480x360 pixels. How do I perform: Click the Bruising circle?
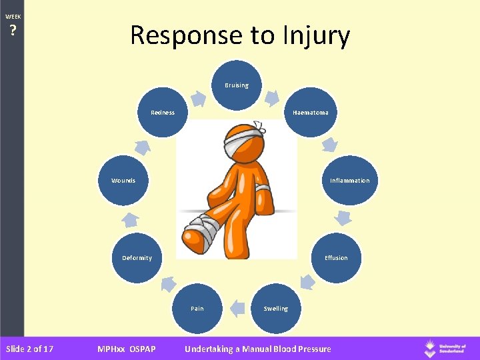237,85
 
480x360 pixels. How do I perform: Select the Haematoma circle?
310,113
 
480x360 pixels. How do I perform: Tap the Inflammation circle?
349,180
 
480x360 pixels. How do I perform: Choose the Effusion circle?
336,257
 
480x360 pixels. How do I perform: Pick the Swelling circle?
275,308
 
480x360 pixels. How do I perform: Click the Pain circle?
197,308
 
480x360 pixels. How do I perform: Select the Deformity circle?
137,257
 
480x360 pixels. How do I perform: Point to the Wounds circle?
123,180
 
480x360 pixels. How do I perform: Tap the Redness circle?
163,113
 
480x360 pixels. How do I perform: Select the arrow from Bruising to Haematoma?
272,97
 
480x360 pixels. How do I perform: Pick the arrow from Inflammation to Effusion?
343,217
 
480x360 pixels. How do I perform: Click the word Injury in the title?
310,35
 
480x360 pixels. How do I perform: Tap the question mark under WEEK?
13,30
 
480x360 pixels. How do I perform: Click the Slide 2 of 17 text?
29,349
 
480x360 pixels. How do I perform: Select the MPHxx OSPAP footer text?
127,349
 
